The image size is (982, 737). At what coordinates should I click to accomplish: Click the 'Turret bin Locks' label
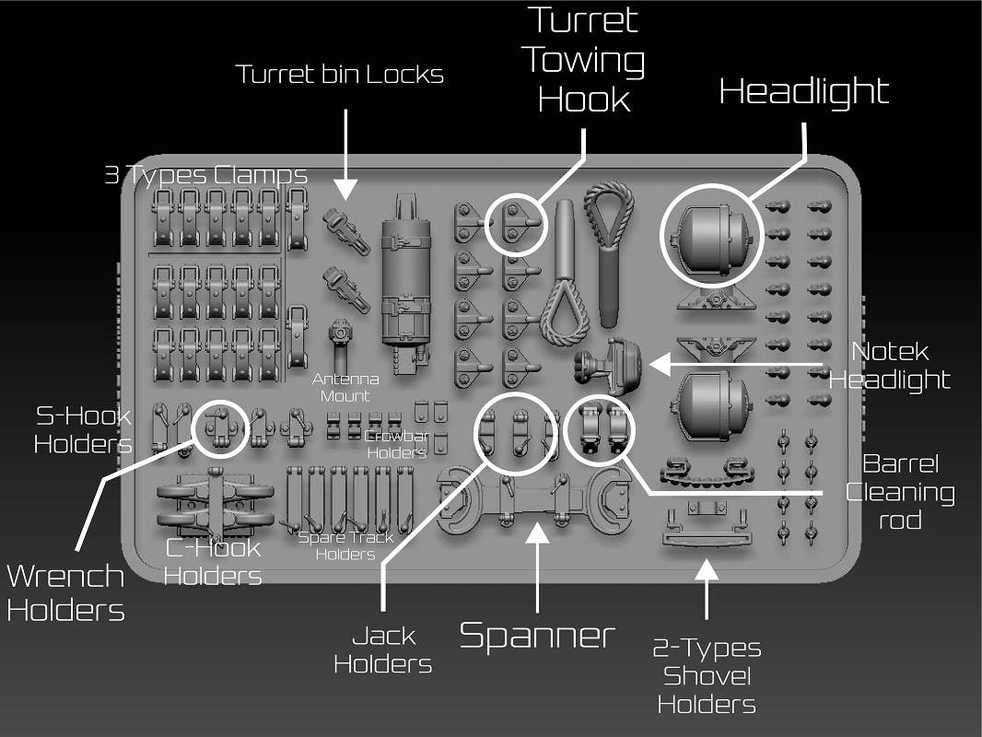339,75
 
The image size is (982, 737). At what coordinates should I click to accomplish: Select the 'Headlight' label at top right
803,91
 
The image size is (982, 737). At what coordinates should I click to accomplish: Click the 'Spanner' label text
537,636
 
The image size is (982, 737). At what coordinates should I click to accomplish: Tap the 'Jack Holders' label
382,649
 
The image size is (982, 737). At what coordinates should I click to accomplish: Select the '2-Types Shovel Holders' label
707,676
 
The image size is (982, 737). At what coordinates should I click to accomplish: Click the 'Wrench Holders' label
65,592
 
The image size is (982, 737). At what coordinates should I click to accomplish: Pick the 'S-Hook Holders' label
83,429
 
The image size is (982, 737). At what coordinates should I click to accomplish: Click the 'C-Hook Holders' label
212,562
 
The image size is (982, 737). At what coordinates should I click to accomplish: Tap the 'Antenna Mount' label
340,387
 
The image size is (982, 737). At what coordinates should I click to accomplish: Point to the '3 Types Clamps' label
205,175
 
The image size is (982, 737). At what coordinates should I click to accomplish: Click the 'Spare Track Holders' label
345,545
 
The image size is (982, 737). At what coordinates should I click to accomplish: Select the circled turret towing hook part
515,224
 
